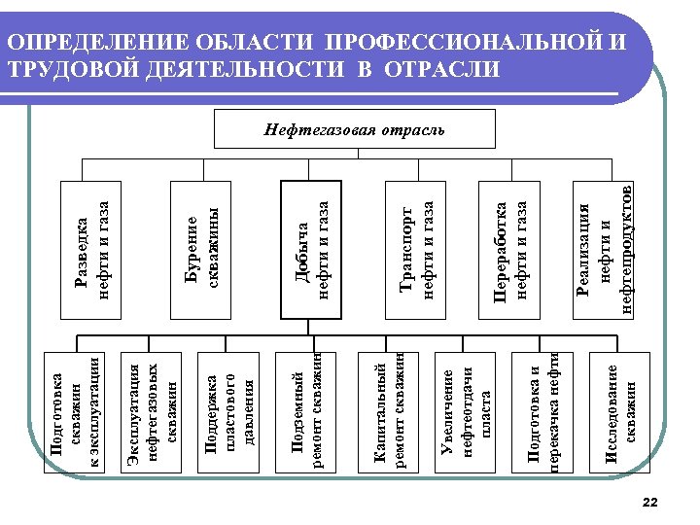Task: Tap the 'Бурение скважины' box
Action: (x=201, y=250)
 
